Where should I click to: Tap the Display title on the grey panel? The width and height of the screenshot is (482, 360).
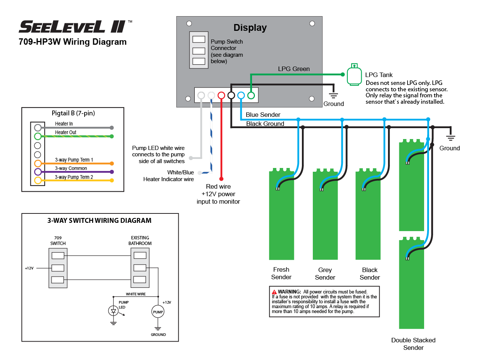(x=250, y=28)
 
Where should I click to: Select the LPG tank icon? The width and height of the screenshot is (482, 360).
(x=354, y=75)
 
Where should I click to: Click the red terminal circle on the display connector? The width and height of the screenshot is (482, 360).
(x=221, y=95)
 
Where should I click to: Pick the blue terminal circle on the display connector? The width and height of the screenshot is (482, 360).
(x=241, y=95)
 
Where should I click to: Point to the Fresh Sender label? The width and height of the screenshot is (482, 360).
(x=281, y=274)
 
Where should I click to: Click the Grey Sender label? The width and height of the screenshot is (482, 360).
(x=325, y=274)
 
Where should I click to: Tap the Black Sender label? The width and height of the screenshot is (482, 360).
(x=370, y=274)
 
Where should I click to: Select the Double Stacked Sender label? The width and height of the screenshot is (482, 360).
(x=413, y=344)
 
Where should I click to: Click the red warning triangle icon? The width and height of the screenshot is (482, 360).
(x=274, y=292)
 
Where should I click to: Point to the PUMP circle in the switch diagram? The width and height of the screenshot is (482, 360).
(x=158, y=312)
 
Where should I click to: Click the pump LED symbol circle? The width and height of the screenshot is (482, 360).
(x=113, y=311)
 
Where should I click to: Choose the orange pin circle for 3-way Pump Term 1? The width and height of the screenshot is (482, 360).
(x=38, y=163)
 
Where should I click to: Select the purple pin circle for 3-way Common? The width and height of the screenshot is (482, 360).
(x=38, y=172)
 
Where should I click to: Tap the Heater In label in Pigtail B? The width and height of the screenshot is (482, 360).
(x=64, y=124)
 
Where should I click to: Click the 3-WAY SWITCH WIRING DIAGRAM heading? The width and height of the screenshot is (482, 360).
(x=99, y=221)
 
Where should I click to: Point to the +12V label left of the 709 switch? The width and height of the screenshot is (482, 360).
(x=29, y=268)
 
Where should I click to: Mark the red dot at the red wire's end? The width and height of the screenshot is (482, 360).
(x=221, y=179)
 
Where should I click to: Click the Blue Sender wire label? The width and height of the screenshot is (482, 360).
(x=263, y=115)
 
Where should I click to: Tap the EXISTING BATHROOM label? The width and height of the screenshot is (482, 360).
(x=140, y=241)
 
